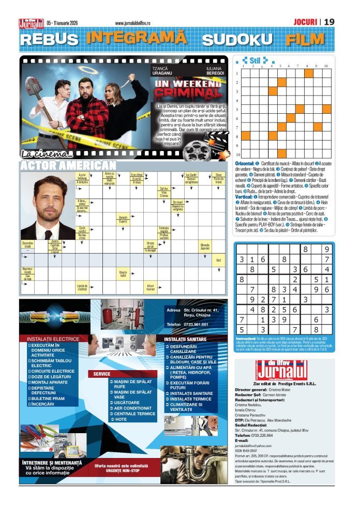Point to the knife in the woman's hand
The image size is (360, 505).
[132, 78]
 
